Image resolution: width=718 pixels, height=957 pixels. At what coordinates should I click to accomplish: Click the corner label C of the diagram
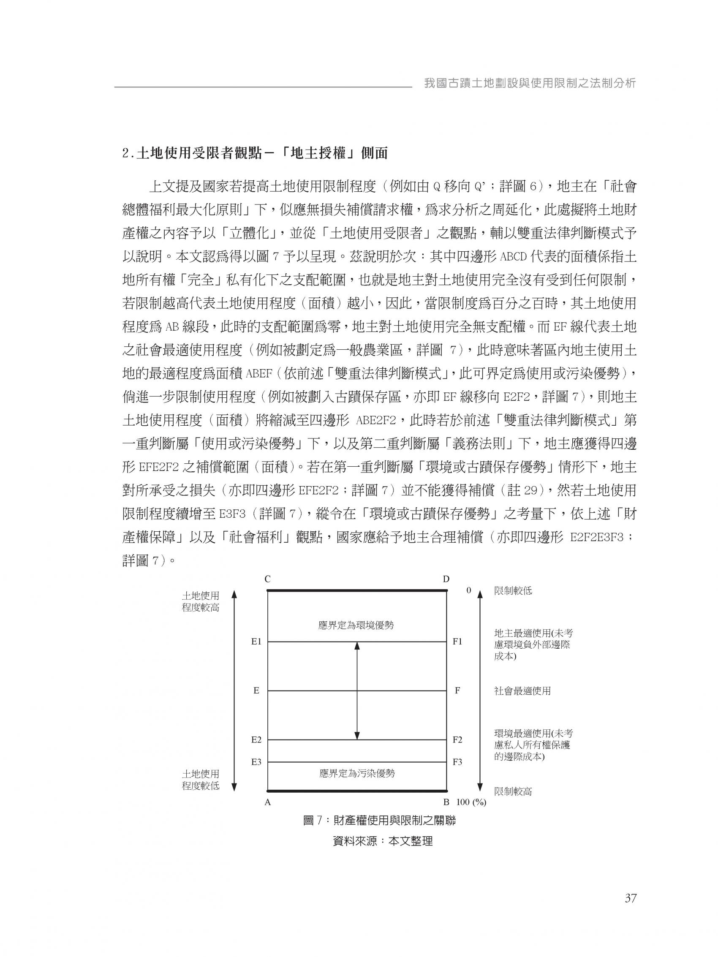point(267,579)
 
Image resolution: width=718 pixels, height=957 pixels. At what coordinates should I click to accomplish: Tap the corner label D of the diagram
point(446,579)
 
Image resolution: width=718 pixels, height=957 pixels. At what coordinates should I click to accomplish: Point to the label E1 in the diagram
point(256,642)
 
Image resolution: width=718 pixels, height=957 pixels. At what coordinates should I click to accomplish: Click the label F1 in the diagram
point(457,642)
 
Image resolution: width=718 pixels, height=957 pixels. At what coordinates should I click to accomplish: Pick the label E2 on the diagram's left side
point(256,740)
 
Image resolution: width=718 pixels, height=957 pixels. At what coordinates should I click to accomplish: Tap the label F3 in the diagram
point(457,762)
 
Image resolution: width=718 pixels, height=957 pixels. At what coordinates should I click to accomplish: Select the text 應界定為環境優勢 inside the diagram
point(356,625)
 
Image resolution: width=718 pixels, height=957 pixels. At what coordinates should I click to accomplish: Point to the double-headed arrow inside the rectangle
point(357,691)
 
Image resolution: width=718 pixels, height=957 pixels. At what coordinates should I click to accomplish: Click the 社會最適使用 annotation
point(522,691)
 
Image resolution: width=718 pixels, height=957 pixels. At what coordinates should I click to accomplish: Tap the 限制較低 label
point(513,591)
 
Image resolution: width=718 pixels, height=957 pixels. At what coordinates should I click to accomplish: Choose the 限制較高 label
point(513,792)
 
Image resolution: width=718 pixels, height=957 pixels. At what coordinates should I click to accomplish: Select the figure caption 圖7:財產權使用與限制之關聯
point(380,820)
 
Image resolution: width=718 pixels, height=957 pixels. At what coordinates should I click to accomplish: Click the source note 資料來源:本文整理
point(383,842)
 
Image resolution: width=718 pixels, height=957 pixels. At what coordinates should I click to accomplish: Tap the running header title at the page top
point(530,84)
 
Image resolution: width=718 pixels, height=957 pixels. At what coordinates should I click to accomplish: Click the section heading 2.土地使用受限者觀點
point(255,154)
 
